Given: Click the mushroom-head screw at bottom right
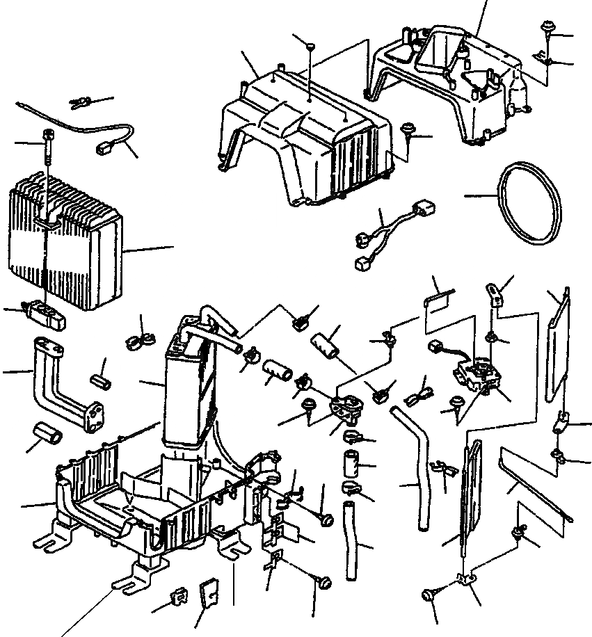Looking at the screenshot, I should click(429, 595).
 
